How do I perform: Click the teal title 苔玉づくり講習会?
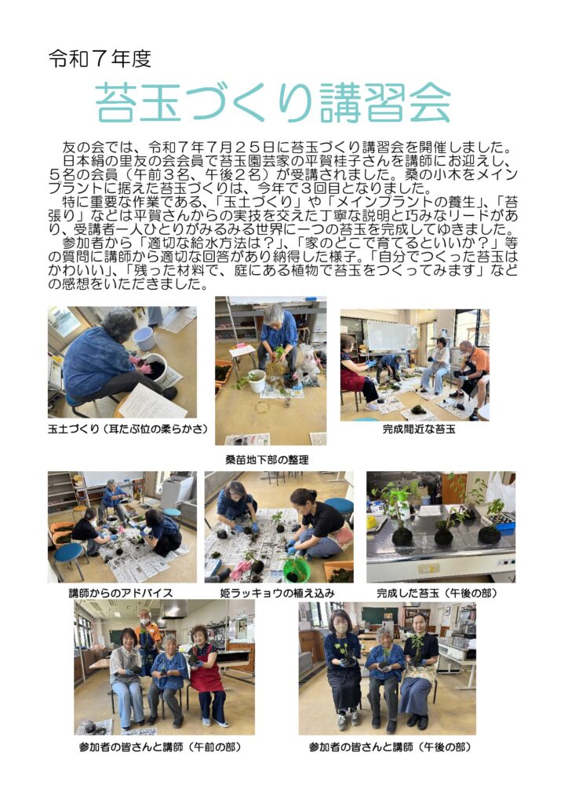coord(272,102)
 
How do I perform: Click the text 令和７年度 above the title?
coord(100,59)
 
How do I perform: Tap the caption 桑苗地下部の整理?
coord(267,460)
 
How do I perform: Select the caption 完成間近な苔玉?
coord(418,429)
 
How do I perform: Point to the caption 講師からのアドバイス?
coord(121,593)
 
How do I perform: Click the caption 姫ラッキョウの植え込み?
coord(277,593)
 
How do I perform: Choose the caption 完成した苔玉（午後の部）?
coord(437,593)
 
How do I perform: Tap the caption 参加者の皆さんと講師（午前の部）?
coord(160,747)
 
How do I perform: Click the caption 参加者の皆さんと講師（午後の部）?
coord(390,747)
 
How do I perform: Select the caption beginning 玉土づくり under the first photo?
coord(128,429)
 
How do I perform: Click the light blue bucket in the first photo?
coord(144,338)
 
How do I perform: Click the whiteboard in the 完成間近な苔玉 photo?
coord(391,336)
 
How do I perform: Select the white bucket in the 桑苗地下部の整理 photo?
coord(256,381)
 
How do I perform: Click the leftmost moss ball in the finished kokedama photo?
coord(402,536)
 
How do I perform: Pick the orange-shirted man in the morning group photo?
coord(147,636)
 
